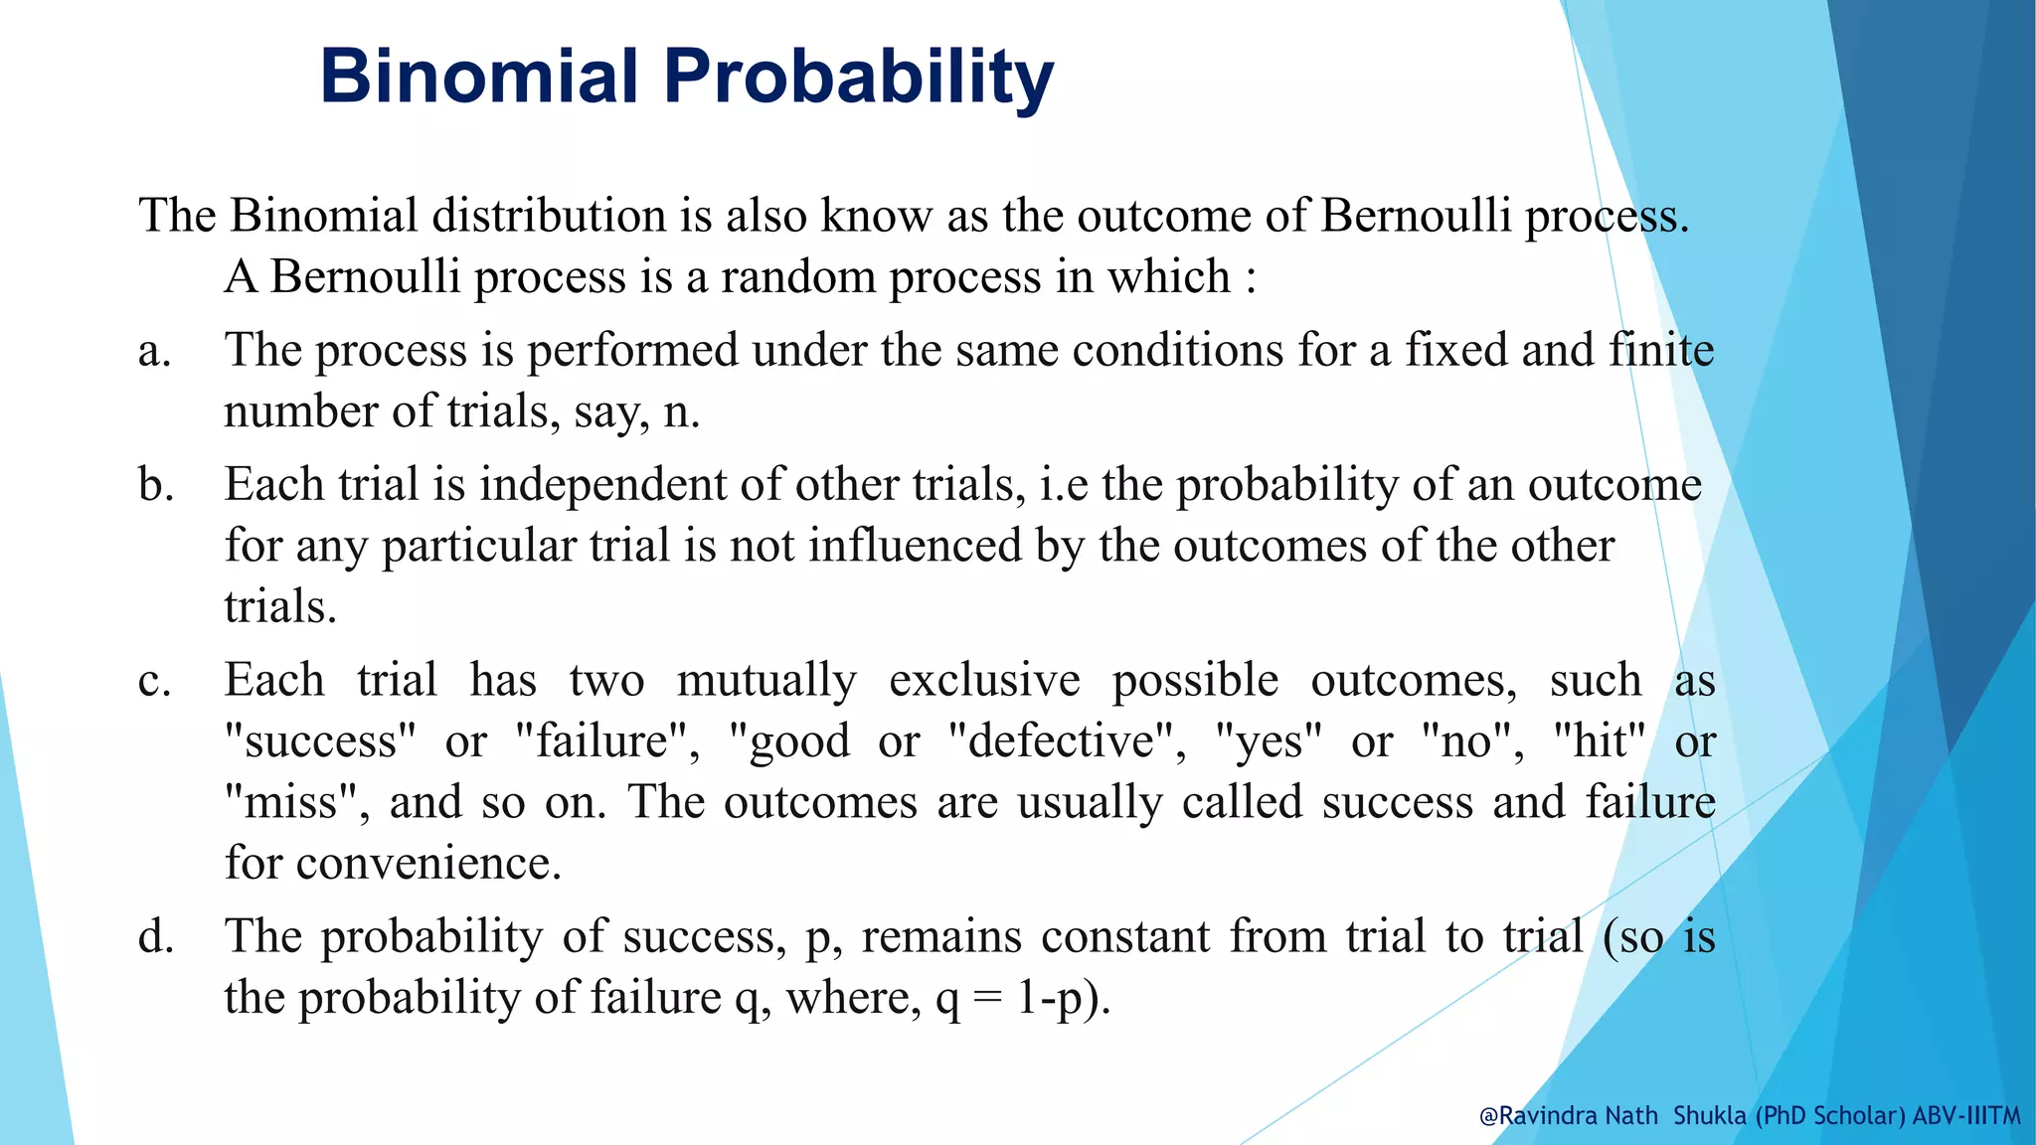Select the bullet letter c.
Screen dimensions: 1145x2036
[x=154, y=682]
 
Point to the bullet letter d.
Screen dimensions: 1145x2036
[x=156, y=937]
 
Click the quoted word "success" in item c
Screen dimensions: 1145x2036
[x=320, y=741]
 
